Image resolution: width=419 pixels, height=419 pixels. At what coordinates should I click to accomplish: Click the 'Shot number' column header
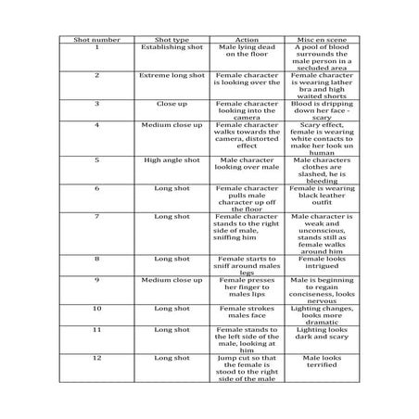[x=96, y=39]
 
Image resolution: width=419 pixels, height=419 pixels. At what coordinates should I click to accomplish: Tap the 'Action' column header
[x=247, y=39]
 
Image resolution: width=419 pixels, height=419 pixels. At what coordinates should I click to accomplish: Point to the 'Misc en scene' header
[x=323, y=39]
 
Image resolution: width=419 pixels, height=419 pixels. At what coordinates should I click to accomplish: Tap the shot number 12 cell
[x=96, y=356]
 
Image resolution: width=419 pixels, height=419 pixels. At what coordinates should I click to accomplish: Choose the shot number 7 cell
[x=96, y=216]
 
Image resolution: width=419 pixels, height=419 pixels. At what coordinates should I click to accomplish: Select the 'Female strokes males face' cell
[x=247, y=311]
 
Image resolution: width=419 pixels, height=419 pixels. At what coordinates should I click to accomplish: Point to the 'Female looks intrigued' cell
[x=323, y=263]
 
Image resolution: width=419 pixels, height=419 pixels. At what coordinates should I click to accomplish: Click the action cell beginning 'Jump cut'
[x=247, y=367]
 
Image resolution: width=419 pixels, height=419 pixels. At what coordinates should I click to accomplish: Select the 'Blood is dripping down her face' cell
[x=323, y=109]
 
